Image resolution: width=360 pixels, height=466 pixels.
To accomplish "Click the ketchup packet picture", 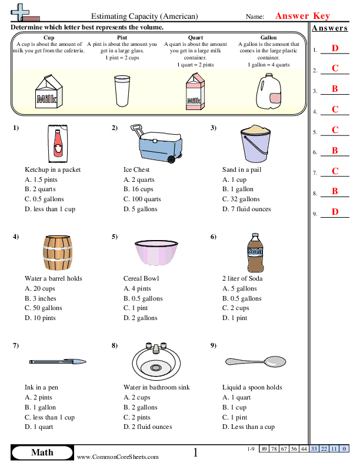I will click(x=56, y=144).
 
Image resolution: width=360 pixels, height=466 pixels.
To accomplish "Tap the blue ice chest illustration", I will click(x=156, y=144).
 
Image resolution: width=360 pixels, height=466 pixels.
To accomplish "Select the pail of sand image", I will click(x=254, y=144).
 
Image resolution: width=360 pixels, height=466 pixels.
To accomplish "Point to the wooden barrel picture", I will click(x=57, y=253).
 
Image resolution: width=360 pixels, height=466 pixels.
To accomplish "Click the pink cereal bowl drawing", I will click(x=156, y=254).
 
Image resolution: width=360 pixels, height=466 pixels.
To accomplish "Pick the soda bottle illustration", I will click(x=254, y=253).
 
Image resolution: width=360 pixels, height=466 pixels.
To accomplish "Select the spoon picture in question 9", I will click(x=254, y=360).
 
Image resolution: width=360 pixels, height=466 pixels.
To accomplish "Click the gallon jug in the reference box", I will click(x=268, y=92).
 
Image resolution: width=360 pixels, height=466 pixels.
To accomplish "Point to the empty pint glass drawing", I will click(x=122, y=92).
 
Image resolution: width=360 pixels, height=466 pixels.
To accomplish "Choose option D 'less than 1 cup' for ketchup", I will click(x=50, y=209).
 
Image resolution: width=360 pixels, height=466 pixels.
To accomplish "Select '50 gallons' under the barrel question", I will click(x=46, y=308).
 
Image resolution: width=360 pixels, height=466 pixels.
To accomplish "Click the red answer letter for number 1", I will click(x=335, y=48).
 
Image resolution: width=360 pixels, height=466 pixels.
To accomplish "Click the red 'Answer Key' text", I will click(x=302, y=16).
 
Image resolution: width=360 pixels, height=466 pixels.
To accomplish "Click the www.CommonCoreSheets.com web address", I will click(x=118, y=457).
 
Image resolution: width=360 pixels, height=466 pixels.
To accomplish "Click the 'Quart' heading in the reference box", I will click(x=195, y=38).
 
